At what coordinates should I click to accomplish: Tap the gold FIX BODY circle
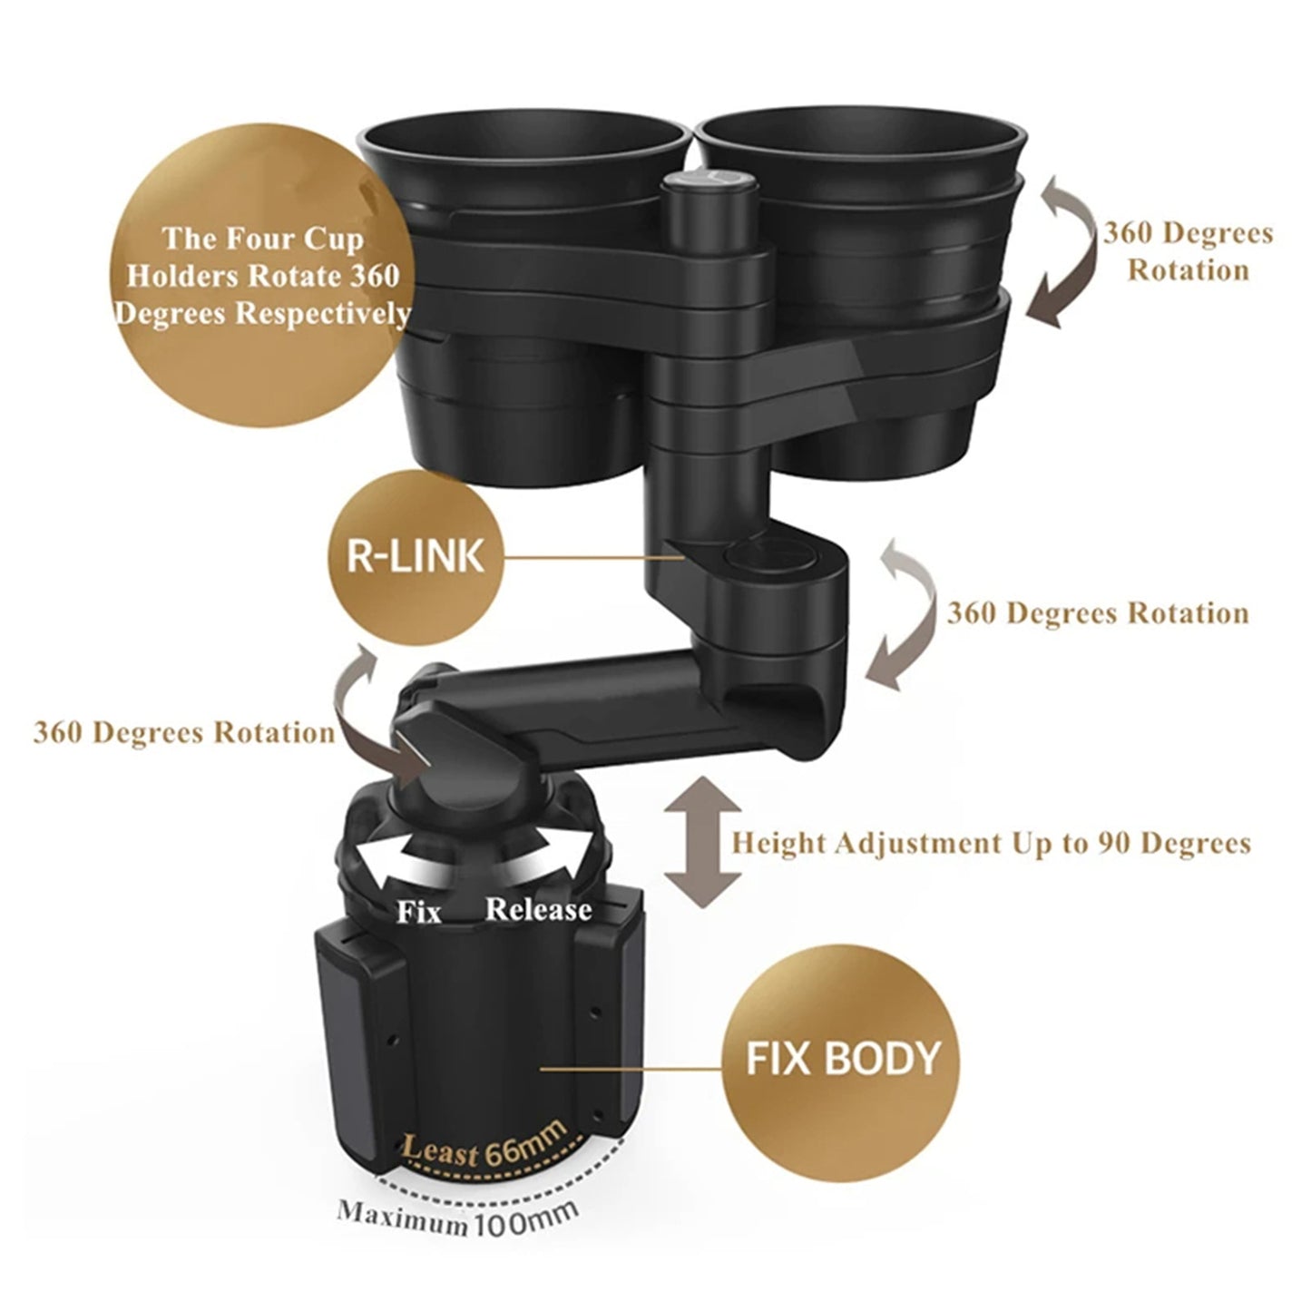click(841, 1059)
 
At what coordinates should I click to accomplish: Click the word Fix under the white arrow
click(419, 911)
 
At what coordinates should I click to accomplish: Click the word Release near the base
click(538, 908)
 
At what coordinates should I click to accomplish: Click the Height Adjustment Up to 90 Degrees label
click(991, 843)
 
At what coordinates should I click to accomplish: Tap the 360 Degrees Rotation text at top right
click(1187, 251)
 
